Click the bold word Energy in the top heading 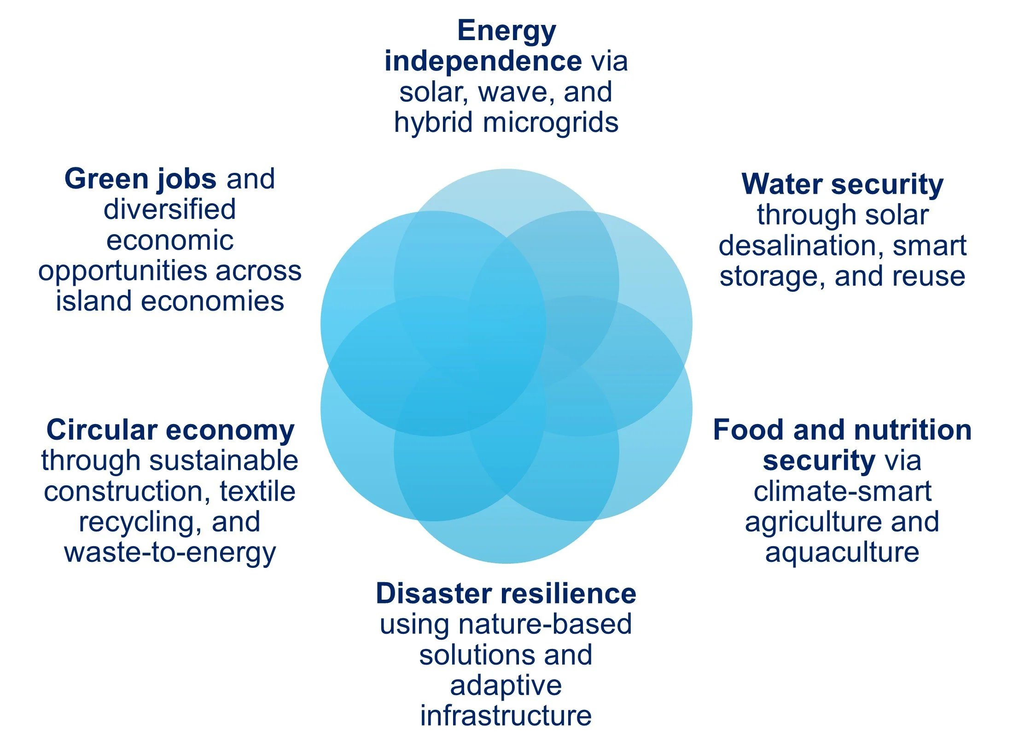coord(506,31)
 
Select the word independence coord(483,61)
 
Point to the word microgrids coord(551,123)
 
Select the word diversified coord(169,210)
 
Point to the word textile coord(257,491)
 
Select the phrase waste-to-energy coord(170,553)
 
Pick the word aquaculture coord(842,553)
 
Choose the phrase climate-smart coord(842,491)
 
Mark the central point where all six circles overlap coord(506,366)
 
